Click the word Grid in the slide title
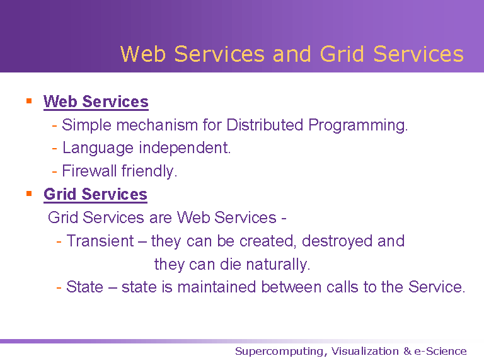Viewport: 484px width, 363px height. [x=342, y=54]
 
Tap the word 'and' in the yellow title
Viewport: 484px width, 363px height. [x=291, y=54]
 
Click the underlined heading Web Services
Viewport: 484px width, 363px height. [x=96, y=101]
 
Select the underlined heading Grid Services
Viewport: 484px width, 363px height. [x=95, y=195]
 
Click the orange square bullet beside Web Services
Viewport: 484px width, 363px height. [x=29, y=101]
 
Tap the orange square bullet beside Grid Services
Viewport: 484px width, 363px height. [x=29, y=193]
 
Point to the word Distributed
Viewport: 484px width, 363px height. [x=265, y=125]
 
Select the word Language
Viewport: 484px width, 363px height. [x=98, y=148]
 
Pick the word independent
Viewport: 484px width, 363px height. [x=185, y=148]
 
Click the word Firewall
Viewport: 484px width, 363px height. [x=89, y=171]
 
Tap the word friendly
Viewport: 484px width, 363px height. [x=149, y=171]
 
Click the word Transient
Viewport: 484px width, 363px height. [x=100, y=241]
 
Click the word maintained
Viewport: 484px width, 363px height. [x=217, y=287]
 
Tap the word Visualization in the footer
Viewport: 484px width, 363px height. [x=365, y=351]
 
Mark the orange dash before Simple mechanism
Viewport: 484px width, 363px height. [x=55, y=125]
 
